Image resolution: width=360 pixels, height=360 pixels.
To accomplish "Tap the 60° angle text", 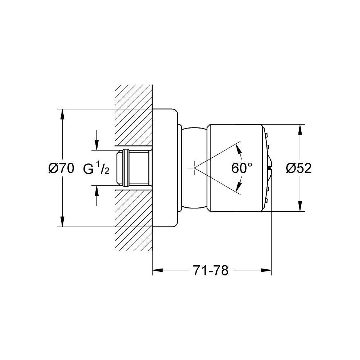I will (242, 168).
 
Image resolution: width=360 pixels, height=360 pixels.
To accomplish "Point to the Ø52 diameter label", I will (298, 168).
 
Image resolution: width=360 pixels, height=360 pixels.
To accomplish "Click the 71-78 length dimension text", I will (211, 270).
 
